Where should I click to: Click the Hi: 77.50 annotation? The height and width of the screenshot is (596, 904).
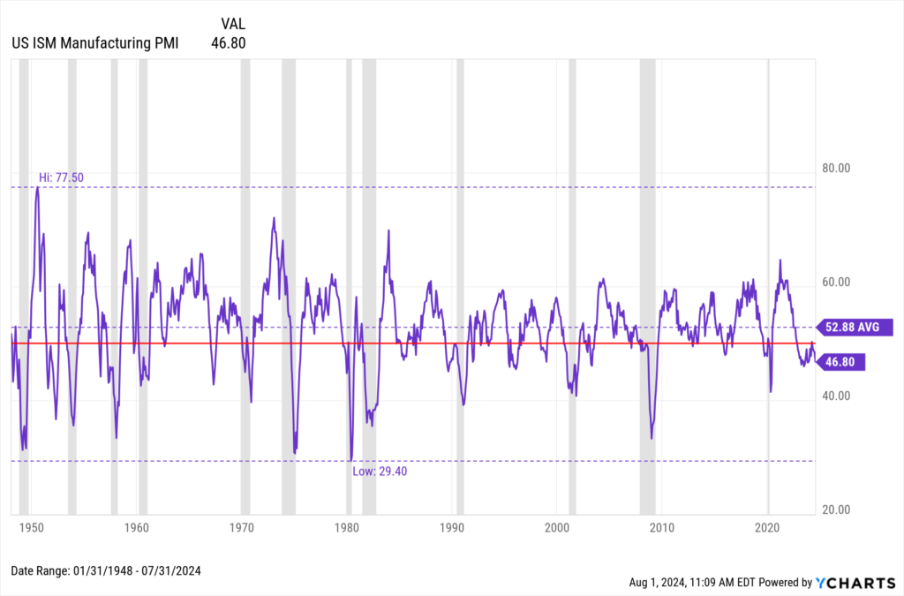(x=60, y=177)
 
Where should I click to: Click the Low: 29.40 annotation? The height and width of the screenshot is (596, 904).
(x=380, y=472)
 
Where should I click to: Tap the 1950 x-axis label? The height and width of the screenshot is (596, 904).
(x=31, y=527)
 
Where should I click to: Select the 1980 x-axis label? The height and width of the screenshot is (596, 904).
(x=347, y=527)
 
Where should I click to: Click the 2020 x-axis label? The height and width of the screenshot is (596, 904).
(x=768, y=527)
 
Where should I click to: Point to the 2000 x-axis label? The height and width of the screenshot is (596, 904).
(x=557, y=527)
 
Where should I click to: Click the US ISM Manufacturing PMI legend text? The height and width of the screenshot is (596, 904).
(x=94, y=41)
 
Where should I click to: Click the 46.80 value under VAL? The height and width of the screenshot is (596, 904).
(x=229, y=41)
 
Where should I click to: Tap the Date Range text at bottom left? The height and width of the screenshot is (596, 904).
(x=106, y=571)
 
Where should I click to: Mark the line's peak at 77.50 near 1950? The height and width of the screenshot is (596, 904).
(x=37, y=187)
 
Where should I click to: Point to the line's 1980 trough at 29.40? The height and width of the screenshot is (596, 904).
(x=350, y=459)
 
